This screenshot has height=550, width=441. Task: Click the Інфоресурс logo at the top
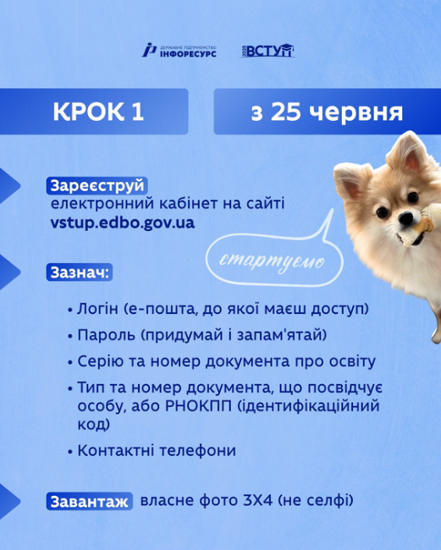coord(179,51)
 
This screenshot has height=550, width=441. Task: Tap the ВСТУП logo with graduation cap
coord(267,51)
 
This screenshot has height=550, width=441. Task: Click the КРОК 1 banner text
coord(98,112)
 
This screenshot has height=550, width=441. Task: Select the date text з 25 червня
coord(327,113)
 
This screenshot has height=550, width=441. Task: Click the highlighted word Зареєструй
coord(96,186)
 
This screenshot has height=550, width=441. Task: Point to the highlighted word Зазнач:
coord(80,272)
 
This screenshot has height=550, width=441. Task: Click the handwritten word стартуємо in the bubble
coord(272,261)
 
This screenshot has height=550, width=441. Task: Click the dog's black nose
coord(406,218)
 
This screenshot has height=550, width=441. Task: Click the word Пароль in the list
coord(106,335)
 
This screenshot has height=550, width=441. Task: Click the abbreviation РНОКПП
coord(198,406)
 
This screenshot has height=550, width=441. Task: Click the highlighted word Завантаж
coord(90,502)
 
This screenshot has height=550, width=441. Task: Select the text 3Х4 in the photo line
coord(257,501)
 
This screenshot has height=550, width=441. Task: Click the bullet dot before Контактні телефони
coord(70,452)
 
